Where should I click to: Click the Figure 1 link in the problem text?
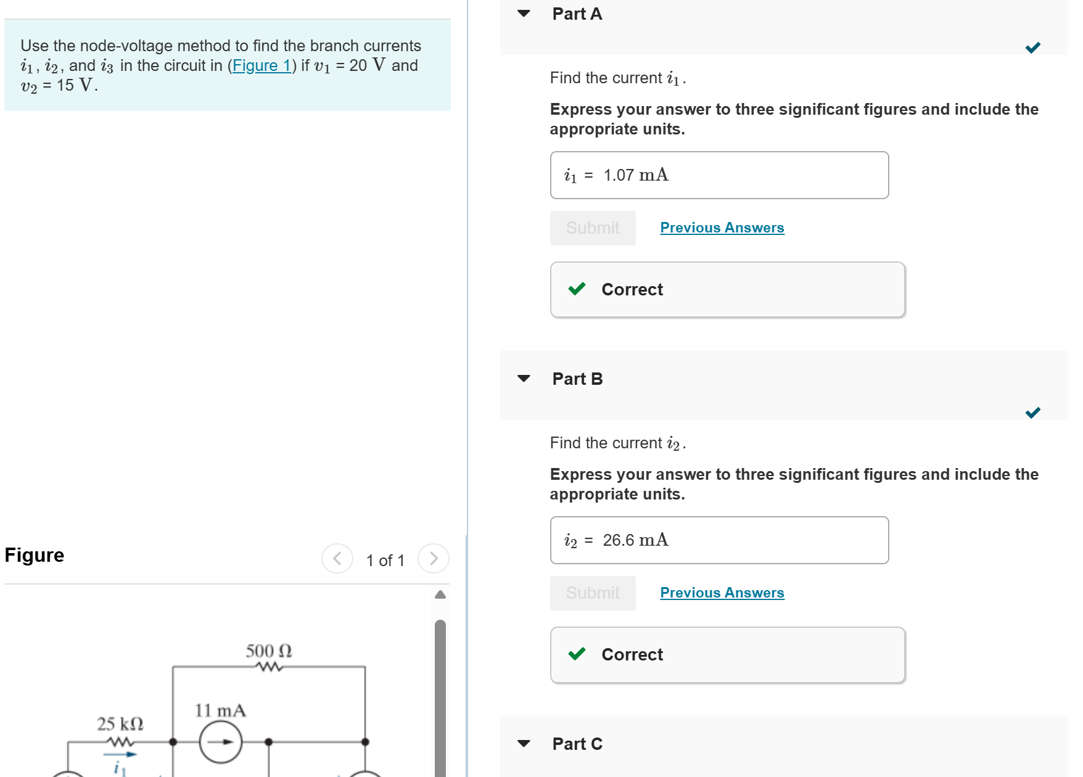[261, 65]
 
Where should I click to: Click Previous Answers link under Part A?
[722, 228]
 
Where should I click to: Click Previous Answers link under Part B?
[722, 593]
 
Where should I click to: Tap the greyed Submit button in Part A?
[592, 228]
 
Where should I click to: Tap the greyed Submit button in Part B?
[592, 593]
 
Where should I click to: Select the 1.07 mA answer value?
[635, 175]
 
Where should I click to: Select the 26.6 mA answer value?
[635, 540]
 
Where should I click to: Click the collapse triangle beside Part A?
[524, 14]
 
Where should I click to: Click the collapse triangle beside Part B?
[524, 379]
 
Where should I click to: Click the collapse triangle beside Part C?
[524, 744]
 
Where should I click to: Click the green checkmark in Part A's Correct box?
[577, 289]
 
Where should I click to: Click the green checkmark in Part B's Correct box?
[577, 654]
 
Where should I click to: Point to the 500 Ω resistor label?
[269, 651]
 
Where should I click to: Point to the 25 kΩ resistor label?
[120, 723]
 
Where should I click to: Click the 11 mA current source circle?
[221, 742]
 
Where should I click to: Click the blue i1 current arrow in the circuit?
[120, 754]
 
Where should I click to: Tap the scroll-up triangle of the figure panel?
[440, 594]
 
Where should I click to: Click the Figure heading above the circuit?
[35, 555]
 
